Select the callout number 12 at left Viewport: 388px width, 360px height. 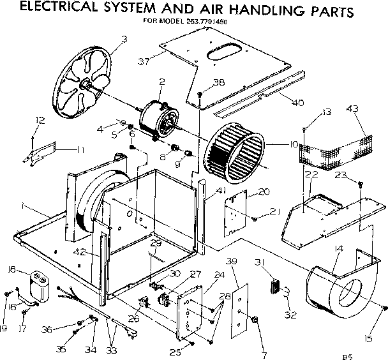pyautogui.click(x=40, y=120)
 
